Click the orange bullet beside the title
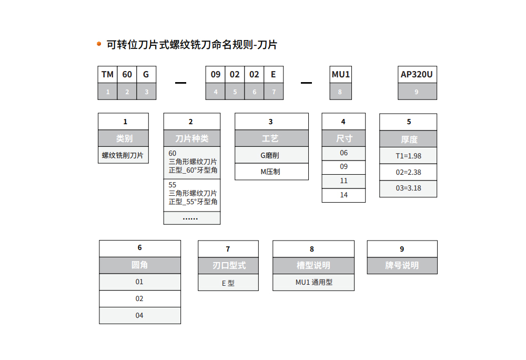[x=99, y=44]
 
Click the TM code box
[x=107, y=75]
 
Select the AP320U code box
[x=417, y=75]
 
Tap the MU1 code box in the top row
[x=340, y=75]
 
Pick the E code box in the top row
[x=274, y=75]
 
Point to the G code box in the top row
[x=146, y=75]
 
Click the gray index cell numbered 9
[x=417, y=91]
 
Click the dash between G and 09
[x=180, y=83]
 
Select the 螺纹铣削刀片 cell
[x=123, y=155]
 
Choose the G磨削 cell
[x=272, y=155]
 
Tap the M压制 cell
[x=272, y=172]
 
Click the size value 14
[x=343, y=195]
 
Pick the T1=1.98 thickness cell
[x=408, y=156]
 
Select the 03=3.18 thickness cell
[x=408, y=189]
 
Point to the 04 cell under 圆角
[x=140, y=315]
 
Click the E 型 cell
[x=228, y=283]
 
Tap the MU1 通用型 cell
[x=313, y=283]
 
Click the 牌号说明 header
[x=402, y=266]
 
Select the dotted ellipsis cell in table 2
[x=192, y=218]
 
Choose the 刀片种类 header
[x=192, y=138]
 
